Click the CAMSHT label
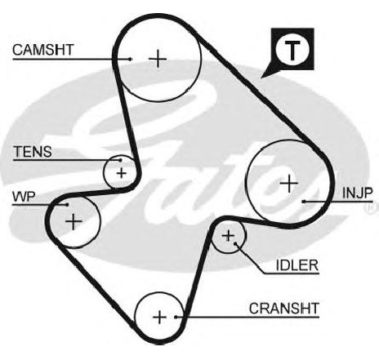(43, 50)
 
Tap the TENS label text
(33, 152)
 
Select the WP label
(24, 197)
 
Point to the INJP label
(357, 193)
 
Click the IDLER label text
(297, 265)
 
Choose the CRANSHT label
(284, 309)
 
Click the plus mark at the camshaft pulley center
(158, 59)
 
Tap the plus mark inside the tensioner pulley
(122, 173)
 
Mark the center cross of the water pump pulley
(74, 221)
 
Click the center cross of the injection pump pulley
(289, 184)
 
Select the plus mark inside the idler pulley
(228, 236)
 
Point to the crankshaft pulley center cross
(159, 318)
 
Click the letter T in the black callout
(292, 50)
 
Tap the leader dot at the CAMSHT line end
(131, 59)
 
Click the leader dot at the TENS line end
(120, 160)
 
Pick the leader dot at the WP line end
(67, 204)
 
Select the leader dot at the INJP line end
(304, 202)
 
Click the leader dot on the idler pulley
(235, 243)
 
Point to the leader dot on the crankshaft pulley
(176, 317)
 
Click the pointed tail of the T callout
(261, 78)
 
